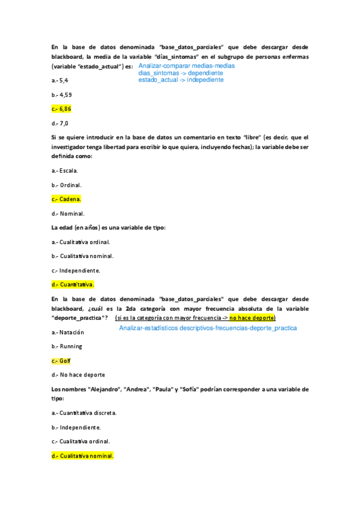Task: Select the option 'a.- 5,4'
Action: (x=60, y=80)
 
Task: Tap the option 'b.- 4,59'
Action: (x=62, y=94)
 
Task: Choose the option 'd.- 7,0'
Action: (x=60, y=123)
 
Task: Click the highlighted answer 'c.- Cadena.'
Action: (x=66, y=199)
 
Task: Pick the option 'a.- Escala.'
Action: (x=65, y=170)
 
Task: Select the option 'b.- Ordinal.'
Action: (x=67, y=185)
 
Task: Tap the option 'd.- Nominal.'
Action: (x=68, y=213)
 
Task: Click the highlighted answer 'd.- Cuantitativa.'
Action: (x=73, y=284)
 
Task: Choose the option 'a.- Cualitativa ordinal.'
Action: (x=81, y=242)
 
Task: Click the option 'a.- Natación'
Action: (x=68, y=332)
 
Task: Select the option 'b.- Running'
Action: (x=67, y=346)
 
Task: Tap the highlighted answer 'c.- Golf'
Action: (x=61, y=361)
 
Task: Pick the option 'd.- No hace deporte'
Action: (x=78, y=375)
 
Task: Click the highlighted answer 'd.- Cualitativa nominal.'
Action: (x=82, y=456)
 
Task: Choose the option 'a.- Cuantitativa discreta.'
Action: (x=84, y=413)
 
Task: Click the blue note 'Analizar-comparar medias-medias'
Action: (x=186, y=66)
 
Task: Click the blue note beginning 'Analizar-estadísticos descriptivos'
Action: (x=208, y=328)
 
